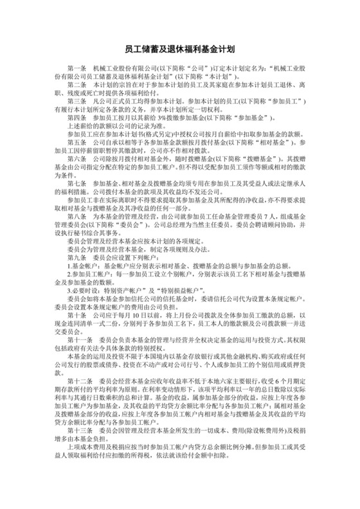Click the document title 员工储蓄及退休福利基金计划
(179, 48)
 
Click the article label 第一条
(78, 67)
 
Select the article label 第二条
(78, 84)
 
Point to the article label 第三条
(78, 101)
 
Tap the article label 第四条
(78, 118)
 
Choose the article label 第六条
(78, 176)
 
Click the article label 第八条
(78, 235)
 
